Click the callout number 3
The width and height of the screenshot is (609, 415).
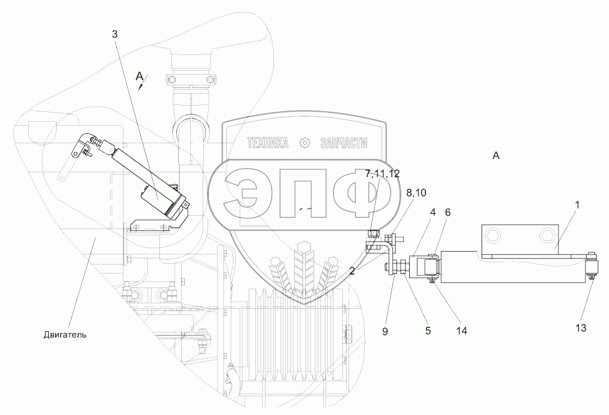[x=115, y=34]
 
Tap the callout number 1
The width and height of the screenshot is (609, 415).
[x=578, y=205]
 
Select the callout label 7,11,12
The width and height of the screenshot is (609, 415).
[x=382, y=174]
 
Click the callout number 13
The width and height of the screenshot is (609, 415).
[x=580, y=328]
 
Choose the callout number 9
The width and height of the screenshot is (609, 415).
[x=385, y=331]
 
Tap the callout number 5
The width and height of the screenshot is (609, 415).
[x=428, y=331]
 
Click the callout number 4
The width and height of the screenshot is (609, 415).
[x=433, y=212]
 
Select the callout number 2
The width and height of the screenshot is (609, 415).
[x=352, y=271]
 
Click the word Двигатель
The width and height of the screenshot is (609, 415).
[x=65, y=335]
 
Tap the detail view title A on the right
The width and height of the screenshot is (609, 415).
[x=496, y=156]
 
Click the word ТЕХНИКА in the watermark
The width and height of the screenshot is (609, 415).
[x=268, y=143]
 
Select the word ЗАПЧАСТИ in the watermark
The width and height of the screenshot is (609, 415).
[x=344, y=143]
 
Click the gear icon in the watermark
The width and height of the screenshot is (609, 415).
[x=305, y=143]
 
